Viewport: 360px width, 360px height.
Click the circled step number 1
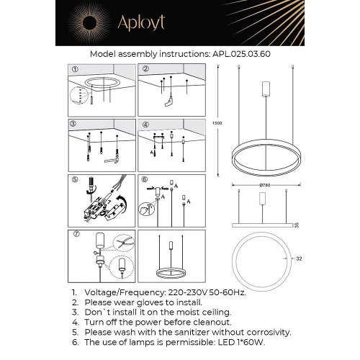(x=73, y=69)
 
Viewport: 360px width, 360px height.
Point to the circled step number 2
(x=145, y=69)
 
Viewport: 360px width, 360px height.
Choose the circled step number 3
(x=73, y=123)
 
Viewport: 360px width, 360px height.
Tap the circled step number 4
(x=145, y=123)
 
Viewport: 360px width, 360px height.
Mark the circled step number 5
(x=73, y=178)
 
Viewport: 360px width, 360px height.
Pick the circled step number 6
(x=145, y=178)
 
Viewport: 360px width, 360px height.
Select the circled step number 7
(x=73, y=234)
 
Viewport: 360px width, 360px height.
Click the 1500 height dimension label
(x=218, y=123)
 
